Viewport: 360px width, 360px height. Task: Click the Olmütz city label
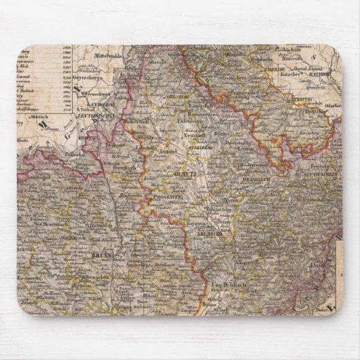[x=186, y=173]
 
